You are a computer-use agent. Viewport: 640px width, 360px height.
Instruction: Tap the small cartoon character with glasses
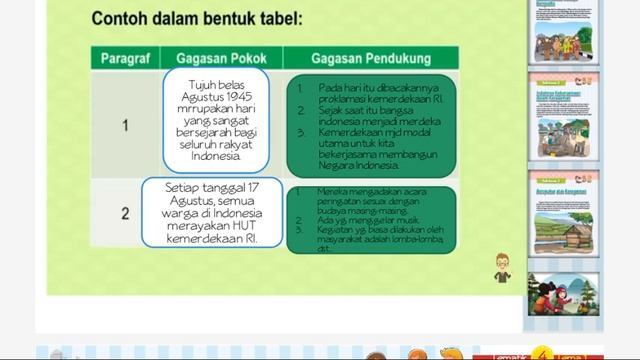coord(502,268)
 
